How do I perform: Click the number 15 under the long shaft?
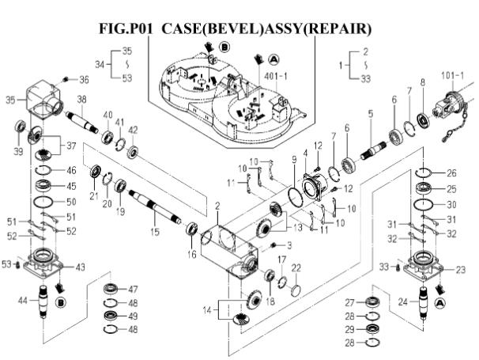tap(155, 231)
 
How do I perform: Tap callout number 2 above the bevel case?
tap(216, 206)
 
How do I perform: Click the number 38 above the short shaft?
tap(81, 100)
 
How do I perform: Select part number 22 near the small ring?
tap(296, 267)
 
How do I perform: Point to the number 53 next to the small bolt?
tap(6, 263)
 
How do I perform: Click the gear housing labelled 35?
tap(45, 97)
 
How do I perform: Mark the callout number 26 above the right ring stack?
tap(451, 173)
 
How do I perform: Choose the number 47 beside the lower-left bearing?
tap(134, 289)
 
